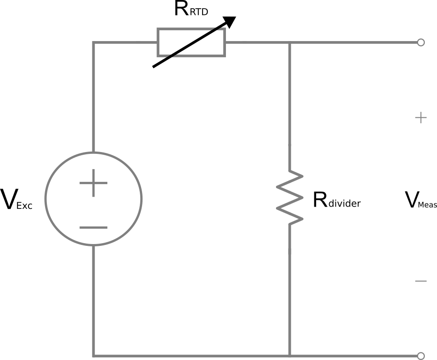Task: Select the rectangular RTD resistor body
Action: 191,42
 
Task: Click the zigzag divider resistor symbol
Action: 290,197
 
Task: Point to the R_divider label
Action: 336,201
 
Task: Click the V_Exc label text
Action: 17,201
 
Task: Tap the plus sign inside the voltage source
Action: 93,183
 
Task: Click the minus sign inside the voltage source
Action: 93,227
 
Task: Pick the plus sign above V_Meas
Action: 420,118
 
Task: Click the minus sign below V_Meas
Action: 420,281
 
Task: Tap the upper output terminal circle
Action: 421,42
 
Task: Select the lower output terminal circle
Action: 421,355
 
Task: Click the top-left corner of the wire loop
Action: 94,43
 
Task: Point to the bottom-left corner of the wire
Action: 94,355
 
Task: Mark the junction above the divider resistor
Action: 290,43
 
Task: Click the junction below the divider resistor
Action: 290,355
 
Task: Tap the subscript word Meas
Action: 428,205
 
